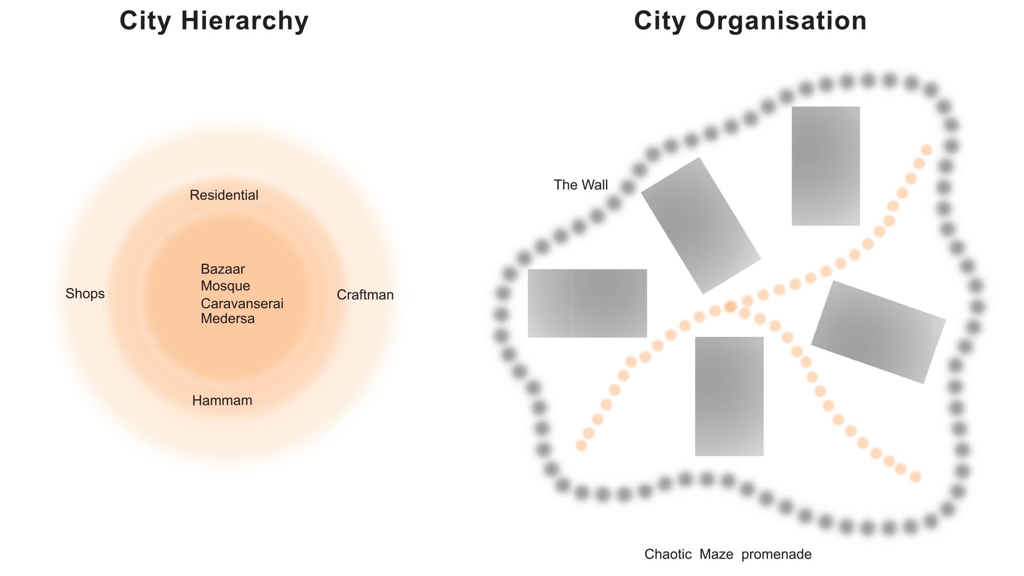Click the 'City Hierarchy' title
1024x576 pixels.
coord(214,22)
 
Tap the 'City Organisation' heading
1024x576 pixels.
coord(750,22)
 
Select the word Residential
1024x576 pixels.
coord(224,195)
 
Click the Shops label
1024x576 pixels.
coord(85,294)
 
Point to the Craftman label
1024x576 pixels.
coord(365,295)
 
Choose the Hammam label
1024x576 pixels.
coord(222,400)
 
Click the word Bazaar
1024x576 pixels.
coord(223,269)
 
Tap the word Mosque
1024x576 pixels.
coord(225,286)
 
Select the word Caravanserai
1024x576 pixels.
coord(242,304)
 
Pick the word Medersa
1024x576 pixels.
coord(227,318)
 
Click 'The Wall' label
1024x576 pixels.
coord(581,185)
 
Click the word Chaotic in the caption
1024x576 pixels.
coord(668,554)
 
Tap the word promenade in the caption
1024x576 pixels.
coord(776,554)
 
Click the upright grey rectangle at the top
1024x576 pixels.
coord(825,166)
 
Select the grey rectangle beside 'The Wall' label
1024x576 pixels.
coord(701,226)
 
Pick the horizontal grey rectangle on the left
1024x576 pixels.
coord(587,303)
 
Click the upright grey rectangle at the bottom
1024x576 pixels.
coord(729,396)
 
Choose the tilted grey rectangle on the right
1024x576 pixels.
coord(879,332)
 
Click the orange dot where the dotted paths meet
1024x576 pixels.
coord(731,307)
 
